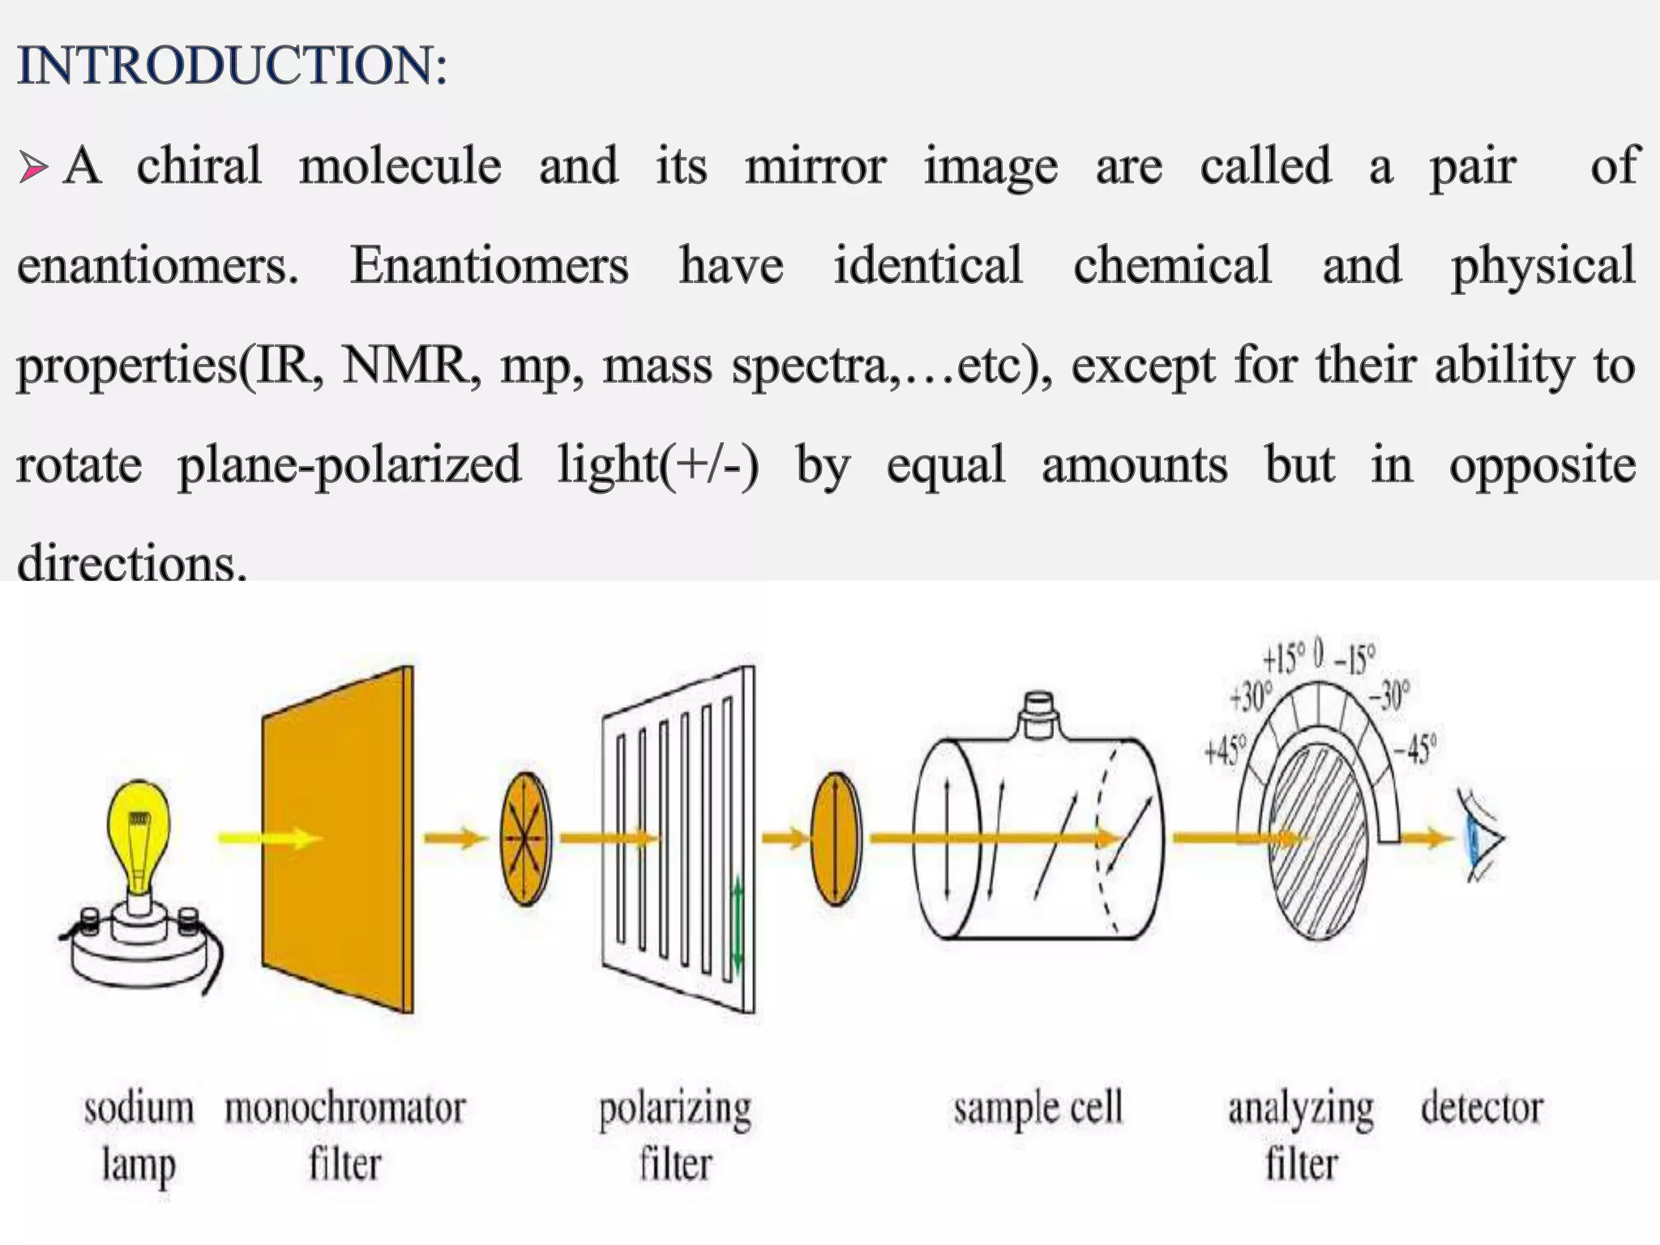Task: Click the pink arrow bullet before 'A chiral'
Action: pyautogui.click(x=33, y=169)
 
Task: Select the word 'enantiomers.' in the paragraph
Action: pyautogui.click(x=157, y=266)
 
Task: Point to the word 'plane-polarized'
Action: pyautogui.click(x=349, y=465)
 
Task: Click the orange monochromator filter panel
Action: pyautogui.click(x=337, y=839)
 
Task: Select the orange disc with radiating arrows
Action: pyautogui.click(x=525, y=838)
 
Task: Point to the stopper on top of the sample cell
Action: pyautogui.click(x=1038, y=713)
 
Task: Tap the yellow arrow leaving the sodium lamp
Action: pyautogui.click(x=267, y=837)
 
